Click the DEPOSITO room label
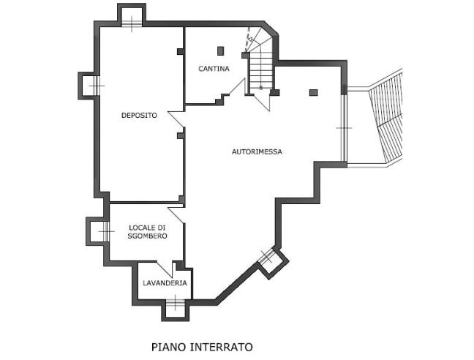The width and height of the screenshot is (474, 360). (x=139, y=115)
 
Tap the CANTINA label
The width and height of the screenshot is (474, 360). (x=214, y=69)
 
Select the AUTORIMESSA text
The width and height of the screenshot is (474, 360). (x=257, y=151)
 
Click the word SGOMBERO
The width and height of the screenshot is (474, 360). (x=147, y=236)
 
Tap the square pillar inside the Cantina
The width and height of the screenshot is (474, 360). (x=220, y=50)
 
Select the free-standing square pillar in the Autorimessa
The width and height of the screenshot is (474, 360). (x=313, y=92)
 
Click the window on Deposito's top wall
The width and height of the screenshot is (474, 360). (x=131, y=18)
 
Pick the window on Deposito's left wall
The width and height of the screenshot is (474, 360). (x=89, y=86)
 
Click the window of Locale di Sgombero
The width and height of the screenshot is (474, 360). (x=99, y=231)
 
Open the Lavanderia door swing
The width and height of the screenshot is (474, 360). (x=177, y=269)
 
